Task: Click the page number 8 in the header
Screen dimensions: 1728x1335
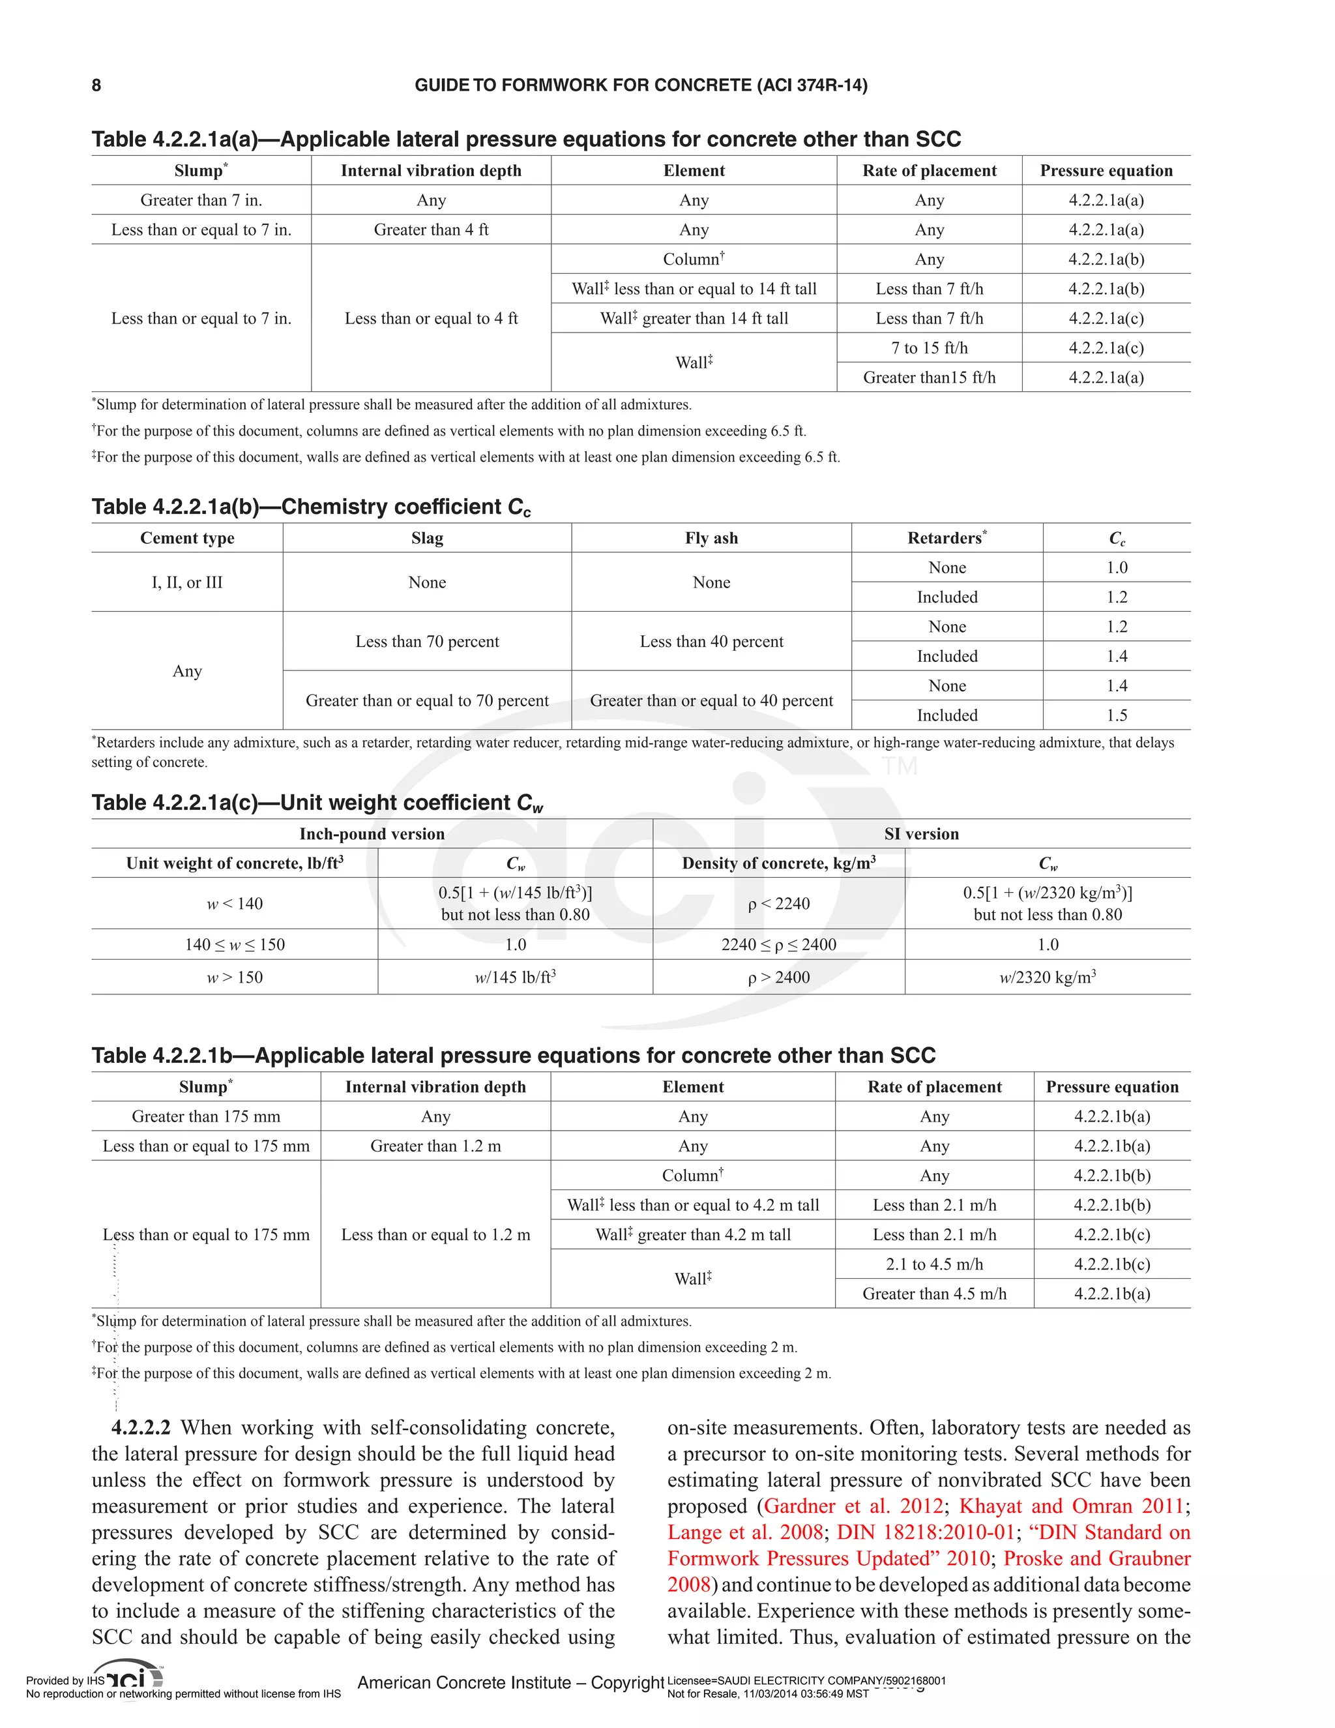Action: [x=96, y=85]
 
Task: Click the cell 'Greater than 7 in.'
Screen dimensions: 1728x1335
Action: [x=201, y=200]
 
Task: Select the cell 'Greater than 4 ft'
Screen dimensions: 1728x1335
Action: [x=431, y=230]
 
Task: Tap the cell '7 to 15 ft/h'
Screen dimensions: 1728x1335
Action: [x=930, y=348]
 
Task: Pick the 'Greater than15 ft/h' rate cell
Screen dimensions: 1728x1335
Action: [x=930, y=378]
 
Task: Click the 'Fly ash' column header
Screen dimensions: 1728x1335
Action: [x=711, y=538]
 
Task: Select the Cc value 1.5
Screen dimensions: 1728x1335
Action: [x=1117, y=715]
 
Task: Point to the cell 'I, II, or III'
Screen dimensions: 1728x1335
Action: [x=188, y=582]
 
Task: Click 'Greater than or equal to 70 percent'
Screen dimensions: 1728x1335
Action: [x=427, y=701]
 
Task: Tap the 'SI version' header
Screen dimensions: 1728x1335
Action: [x=921, y=834]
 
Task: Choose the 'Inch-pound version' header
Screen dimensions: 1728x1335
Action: [x=372, y=834]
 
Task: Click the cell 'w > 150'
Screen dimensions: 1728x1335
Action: [x=235, y=977]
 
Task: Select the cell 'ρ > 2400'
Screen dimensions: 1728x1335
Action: [x=779, y=977]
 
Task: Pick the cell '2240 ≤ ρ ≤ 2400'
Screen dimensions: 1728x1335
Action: [x=779, y=945]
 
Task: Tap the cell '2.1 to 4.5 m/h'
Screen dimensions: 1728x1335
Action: [x=934, y=1264]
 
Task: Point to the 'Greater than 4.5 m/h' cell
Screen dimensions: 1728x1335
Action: [x=934, y=1294]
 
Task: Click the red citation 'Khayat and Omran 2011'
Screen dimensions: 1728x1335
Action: [x=1072, y=1506]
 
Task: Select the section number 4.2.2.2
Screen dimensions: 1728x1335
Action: [x=141, y=1427]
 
